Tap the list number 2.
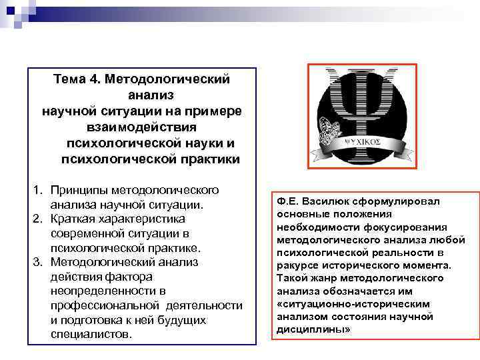tap(39, 219)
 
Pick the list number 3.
tap(39, 262)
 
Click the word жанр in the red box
tap(321, 278)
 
